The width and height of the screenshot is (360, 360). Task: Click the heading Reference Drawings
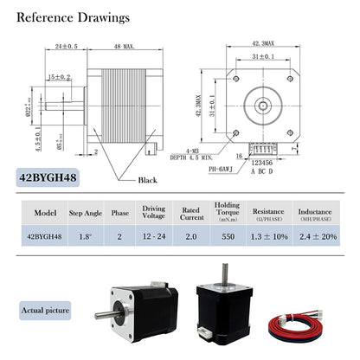(x=74, y=17)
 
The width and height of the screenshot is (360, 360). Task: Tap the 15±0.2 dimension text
(x=60, y=77)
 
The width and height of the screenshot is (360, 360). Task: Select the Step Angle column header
(x=87, y=212)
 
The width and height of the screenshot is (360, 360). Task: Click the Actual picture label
(x=46, y=310)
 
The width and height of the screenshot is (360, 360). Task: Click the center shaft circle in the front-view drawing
(x=262, y=104)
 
